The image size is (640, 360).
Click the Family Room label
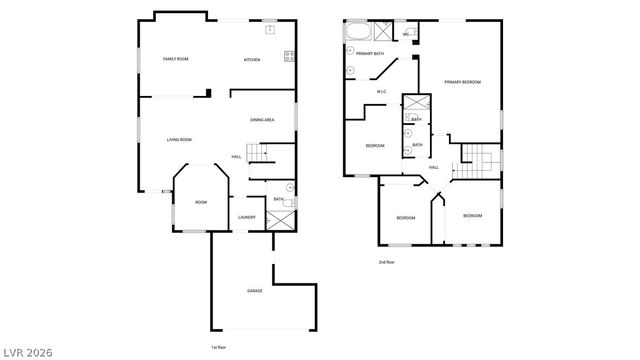[x=176, y=60]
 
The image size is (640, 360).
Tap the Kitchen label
[x=252, y=60]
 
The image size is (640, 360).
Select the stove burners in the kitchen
[x=289, y=56]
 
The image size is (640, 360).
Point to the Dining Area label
[x=263, y=121]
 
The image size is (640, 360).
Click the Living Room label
[x=179, y=139]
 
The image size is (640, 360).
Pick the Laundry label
[x=247, y=217]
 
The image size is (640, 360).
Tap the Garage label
[x=255, y=291]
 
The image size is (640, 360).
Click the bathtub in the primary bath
[x=358, y=30]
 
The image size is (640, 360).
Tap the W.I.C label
[x=381, y=93]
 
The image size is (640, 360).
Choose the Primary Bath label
[x=370, y=53]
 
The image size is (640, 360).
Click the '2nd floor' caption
[x=385, y=262]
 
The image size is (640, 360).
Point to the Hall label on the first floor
[x=237, y=157]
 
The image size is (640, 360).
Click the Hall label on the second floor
[x=435, y=167]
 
